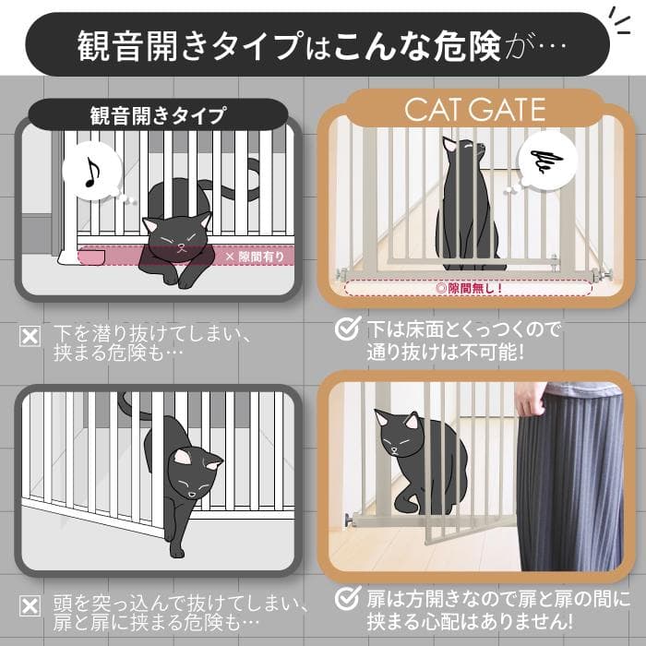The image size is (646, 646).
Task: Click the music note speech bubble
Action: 93,173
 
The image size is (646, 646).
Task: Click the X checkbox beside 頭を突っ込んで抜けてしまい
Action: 30,605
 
